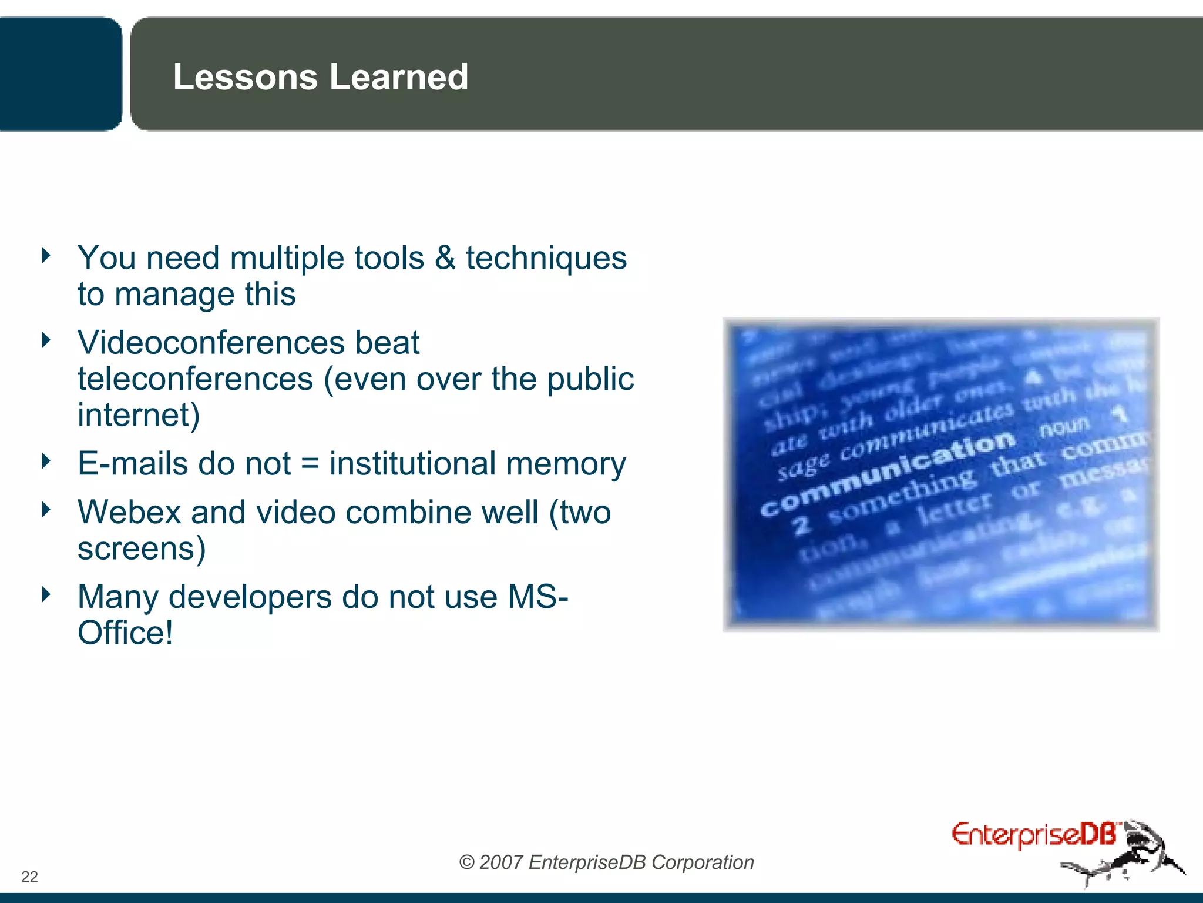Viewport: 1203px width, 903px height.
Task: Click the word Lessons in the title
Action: pyautogui.click(x=245, y=77)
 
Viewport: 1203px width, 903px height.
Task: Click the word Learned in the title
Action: pyautogui.click(x=399, y=77)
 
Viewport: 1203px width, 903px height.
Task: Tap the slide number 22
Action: pyautogui.click(x=29, y=877)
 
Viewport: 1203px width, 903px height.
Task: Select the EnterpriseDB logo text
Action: pyautogui.click(x=1034, y=835)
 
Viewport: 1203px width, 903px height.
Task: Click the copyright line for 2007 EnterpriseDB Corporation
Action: pyautogui.click(x=606, y=862)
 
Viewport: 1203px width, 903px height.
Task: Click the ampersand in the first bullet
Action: pyautogui.click(x=445, y=258)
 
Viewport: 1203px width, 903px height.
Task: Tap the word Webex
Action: pyautogui.click(x=129, y=512)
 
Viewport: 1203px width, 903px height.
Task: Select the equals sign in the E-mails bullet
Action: pyautogui.click(x=310, y=464)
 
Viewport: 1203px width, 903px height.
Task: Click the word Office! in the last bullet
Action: pyautogui.click(x=125, y=633)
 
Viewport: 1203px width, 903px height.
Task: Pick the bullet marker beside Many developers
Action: pyautogui.click(x=46, y=594)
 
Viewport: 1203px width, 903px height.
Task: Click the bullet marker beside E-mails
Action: pyautogui.click(x=46, y=460)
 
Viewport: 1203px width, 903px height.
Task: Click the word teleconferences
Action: pyautogui.click(x=195, y=379)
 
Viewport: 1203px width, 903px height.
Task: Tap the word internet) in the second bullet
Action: pyautogui.click(x=139, y=415)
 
